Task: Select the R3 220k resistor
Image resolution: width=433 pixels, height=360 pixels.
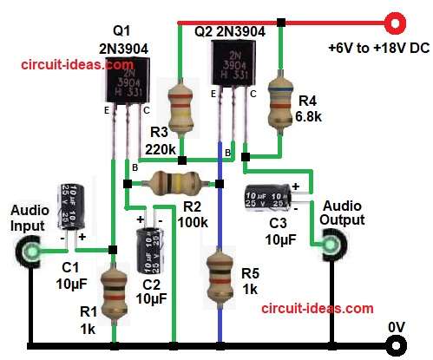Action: pos(180,108)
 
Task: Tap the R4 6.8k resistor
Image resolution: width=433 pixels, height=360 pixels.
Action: pos(279,96)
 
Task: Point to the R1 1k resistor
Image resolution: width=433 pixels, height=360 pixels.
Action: pos(113,291)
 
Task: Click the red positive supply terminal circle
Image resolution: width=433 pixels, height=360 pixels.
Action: pos(397,19)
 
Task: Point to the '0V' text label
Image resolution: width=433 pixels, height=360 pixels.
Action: pos(396,325)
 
